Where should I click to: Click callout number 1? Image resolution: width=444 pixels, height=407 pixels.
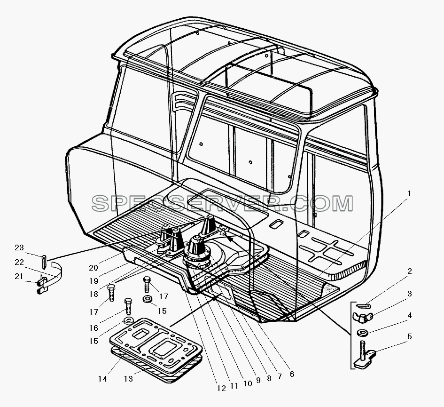(x=409, y=194)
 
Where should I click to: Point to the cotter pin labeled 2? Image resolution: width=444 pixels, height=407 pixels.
(x=363, y=306)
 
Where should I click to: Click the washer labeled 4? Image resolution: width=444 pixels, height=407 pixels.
(x=363, y=332)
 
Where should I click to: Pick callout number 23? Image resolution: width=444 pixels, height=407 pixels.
(x=19, y=247)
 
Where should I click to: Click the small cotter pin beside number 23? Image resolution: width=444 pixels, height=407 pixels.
(x=43, y=261)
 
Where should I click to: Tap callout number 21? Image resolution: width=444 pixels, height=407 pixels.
(x=19, y=276)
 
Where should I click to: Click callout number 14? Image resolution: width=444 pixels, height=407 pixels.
(x=103, y=378)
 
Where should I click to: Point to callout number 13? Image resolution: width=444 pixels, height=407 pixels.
(x=129, y=378)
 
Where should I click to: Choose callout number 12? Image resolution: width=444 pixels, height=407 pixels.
(x=221, y=388)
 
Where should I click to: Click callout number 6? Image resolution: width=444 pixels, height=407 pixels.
(x=292, y=374)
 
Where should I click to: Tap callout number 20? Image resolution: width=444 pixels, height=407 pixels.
(x=93, y=267)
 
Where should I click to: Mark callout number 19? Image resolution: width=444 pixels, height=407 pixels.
(x=93, y=281)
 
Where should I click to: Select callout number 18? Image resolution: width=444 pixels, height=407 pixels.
(x=93, y=294)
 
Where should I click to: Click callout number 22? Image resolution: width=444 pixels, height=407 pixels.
(x=19, y=262)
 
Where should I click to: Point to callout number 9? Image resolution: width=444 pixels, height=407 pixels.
(x=258, y=380)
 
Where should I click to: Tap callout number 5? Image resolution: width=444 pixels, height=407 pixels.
(x=409, y=337)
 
